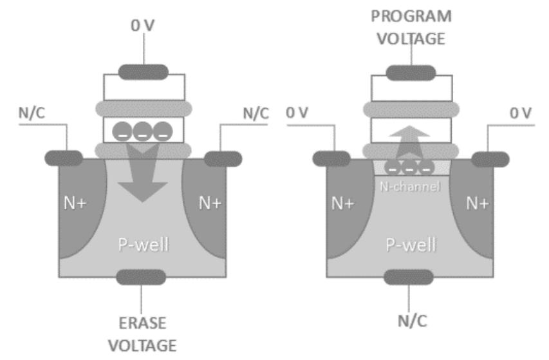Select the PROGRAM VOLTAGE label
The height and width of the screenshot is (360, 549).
tap(410, 26)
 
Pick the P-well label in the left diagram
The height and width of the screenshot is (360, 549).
tap(142, 245)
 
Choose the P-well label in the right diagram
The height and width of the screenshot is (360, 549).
tap(410, 245)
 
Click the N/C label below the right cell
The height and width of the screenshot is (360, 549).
tap(410, 320)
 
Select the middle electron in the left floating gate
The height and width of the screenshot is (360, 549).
tap(142, 131)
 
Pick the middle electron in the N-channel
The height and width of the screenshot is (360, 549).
tap(410, 167)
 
